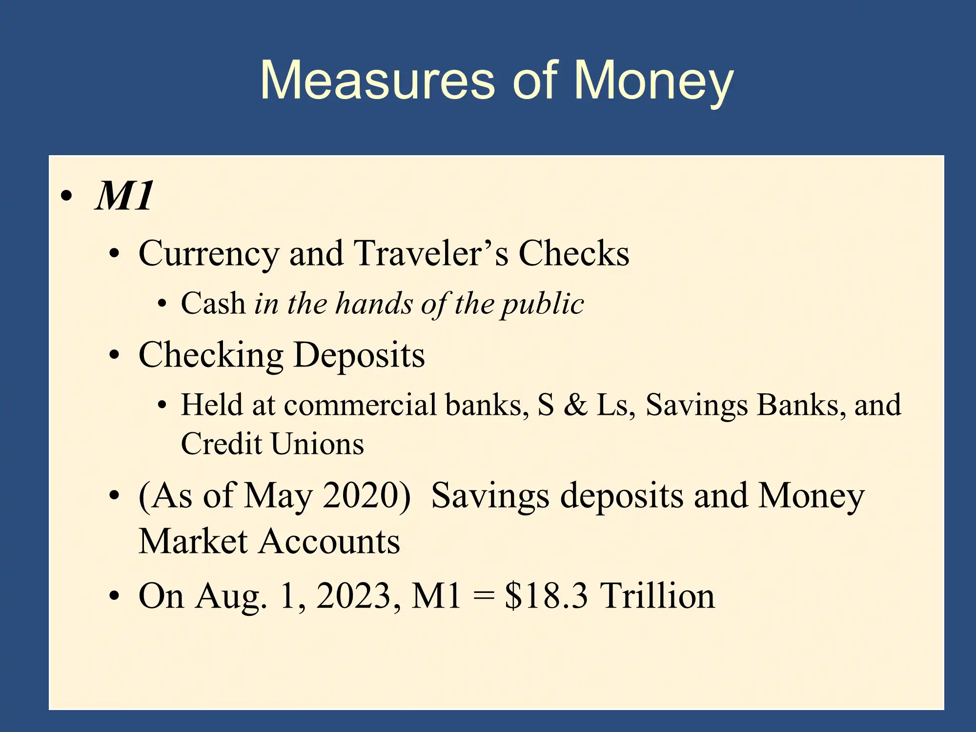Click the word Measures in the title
point(377,80)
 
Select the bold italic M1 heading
point(124,195)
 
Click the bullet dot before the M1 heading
point(66,196)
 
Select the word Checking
point(211,356)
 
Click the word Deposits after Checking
point(360,356)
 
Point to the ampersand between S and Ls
point(575,405)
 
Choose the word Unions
point(317,444)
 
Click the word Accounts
point(329,542)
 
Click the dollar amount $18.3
point(546,596)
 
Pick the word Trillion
point(657,595)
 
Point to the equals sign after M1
point(484,596)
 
